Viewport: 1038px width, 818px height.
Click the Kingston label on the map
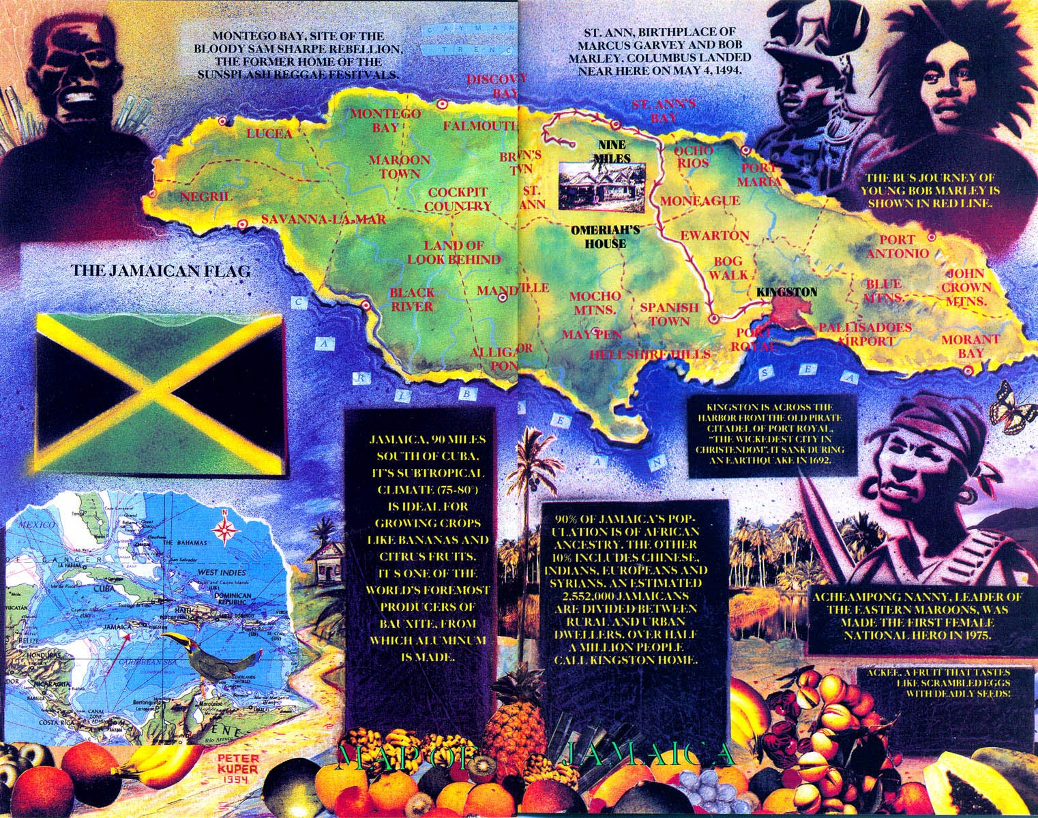click(786, 292)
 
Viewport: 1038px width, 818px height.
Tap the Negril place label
click(206, 197)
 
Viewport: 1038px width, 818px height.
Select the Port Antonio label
click(903, 246)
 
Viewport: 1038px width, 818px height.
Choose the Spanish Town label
click(669, 314)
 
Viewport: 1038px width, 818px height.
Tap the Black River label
click(411, 300)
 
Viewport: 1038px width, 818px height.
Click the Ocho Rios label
click(693, 156)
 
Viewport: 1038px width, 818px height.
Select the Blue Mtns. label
click(883, 290)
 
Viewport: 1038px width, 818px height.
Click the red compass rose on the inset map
click(225, 528)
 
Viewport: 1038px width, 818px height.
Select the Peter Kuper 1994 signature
click(223, 768)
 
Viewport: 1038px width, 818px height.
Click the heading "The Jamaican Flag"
click(161, 271)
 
